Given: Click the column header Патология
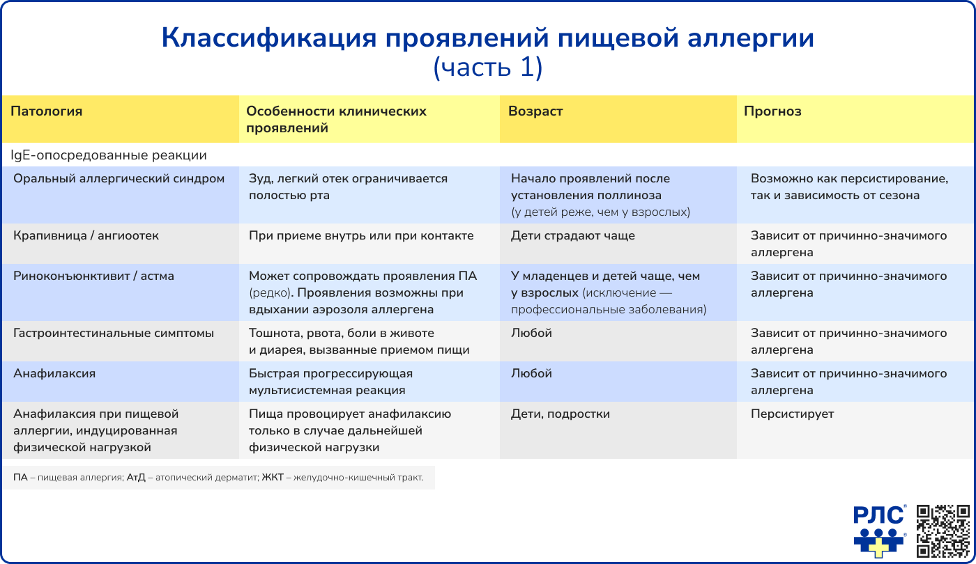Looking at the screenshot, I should [x=47, y=111].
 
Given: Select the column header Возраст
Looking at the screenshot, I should [x=535, y=111].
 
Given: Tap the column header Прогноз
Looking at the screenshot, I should [x=772, y=111].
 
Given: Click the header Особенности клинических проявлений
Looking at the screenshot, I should [x=337, y=120].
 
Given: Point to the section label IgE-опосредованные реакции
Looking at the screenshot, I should [x=109, y=155].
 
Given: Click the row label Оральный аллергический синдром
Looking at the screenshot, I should [x=119, y=179].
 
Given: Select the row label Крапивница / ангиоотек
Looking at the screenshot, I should [x=86, y=236].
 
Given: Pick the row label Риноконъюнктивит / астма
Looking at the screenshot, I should [x=94, y=276].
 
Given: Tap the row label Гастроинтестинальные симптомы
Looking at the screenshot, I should [x=114, y=334].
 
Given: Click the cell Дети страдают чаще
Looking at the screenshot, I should [x=573, y=236].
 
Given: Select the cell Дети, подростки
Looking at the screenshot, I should [x=561, y=414].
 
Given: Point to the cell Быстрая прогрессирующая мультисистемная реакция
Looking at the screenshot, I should [x=330, y=382].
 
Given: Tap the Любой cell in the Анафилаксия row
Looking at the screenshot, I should [x=531, y=374].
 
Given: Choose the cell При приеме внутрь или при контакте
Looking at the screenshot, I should [x=361, y=236].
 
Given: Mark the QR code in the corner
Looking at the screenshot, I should [x=943, y=531].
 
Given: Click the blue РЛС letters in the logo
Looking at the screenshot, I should [x=879, y=515].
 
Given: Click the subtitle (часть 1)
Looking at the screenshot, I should [x=487, y=68].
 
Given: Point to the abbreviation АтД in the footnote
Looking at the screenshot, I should [x=136, y=478].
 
